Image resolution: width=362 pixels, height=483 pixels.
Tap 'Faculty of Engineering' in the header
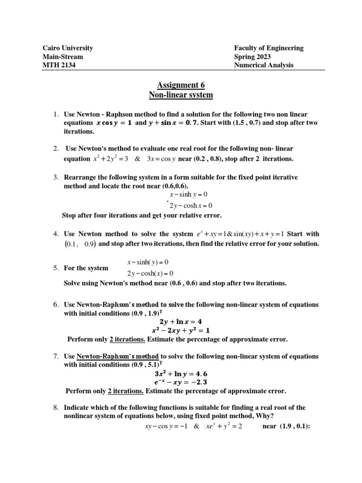click(x=269, y=48)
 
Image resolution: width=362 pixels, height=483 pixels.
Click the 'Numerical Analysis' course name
click(x=263, y=65)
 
